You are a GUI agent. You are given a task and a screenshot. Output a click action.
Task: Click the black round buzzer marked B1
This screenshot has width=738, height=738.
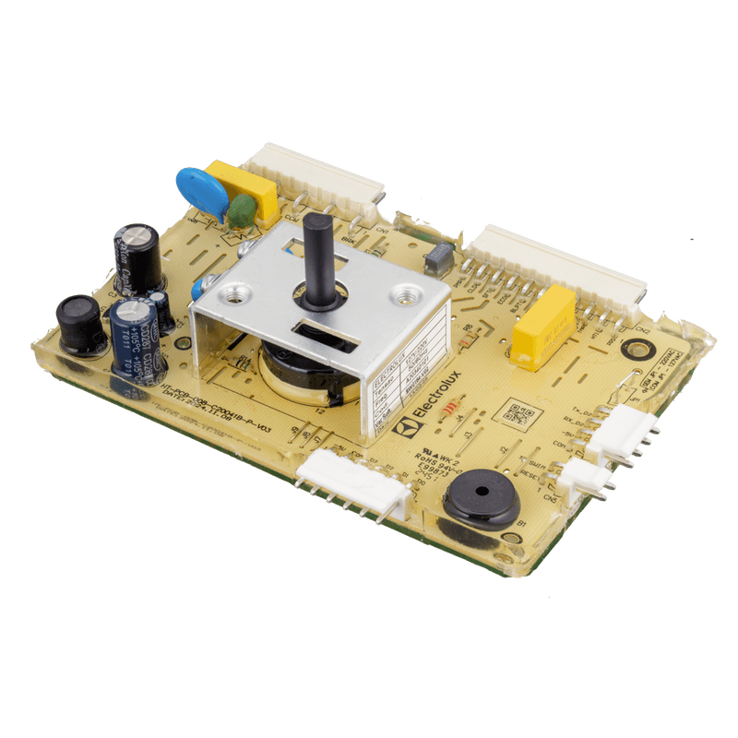[x=479, y=496]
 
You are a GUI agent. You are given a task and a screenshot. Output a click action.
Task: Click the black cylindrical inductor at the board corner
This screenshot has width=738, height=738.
[x=80, y=324]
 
